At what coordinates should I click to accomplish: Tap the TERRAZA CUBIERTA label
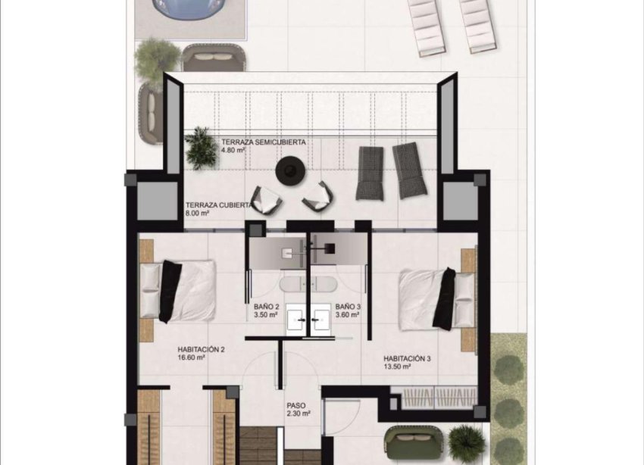point(216,205)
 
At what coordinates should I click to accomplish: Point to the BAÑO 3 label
point(349,307)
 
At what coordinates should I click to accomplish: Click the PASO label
point(296,405)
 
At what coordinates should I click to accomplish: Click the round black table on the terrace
point(291,170)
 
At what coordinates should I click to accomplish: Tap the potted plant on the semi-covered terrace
point(201,146)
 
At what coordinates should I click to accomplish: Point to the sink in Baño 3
point(320,318)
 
